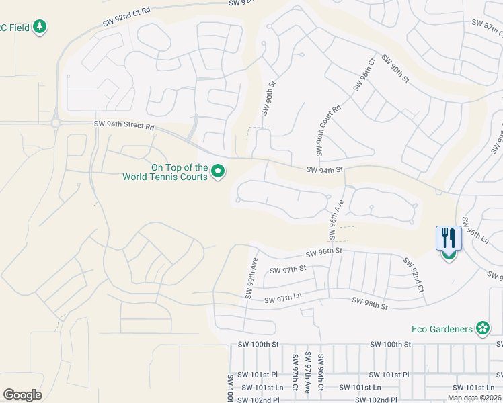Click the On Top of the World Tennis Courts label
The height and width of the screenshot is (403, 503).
click(165, 172)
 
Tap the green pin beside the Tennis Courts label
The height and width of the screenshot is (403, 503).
click(218, 172)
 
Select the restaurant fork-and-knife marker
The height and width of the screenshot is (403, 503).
click(449, 238)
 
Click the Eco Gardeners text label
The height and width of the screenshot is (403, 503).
click(441, 328)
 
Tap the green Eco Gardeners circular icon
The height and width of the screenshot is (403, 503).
click(483, 328)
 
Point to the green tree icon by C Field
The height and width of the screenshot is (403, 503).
click(41, 26)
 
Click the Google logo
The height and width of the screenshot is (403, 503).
click(22, 395)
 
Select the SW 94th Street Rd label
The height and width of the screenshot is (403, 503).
click(124, 126)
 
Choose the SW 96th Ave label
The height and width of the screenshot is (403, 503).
click(335, 219)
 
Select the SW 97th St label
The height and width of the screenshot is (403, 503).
click(288, 269)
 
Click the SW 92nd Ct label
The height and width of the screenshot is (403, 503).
click(414, 275)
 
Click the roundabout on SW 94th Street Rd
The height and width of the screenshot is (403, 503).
click(56, 123)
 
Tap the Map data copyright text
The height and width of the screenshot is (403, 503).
click(474, 398)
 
